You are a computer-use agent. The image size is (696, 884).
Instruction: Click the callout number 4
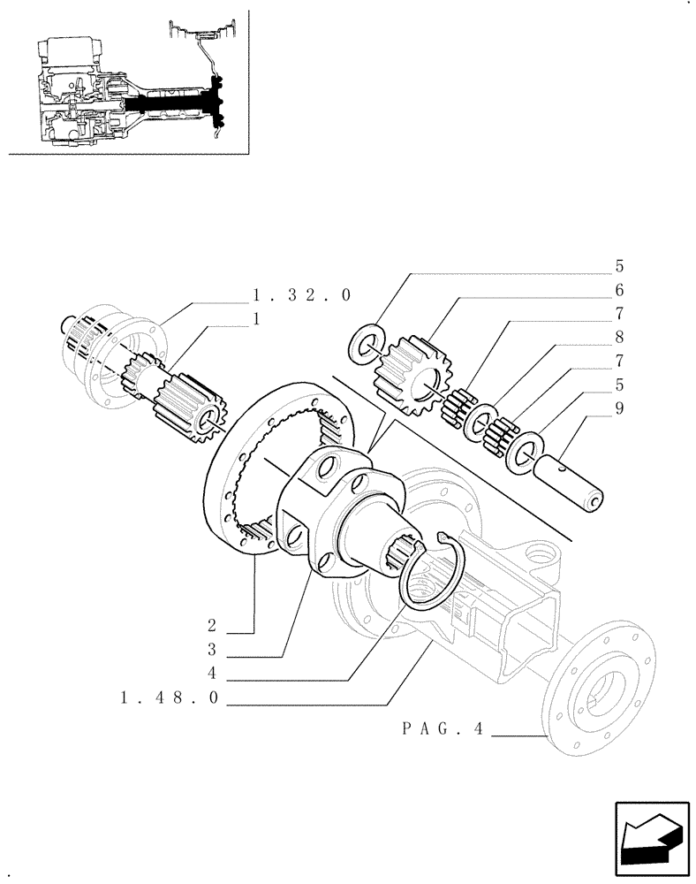[212, 674]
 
